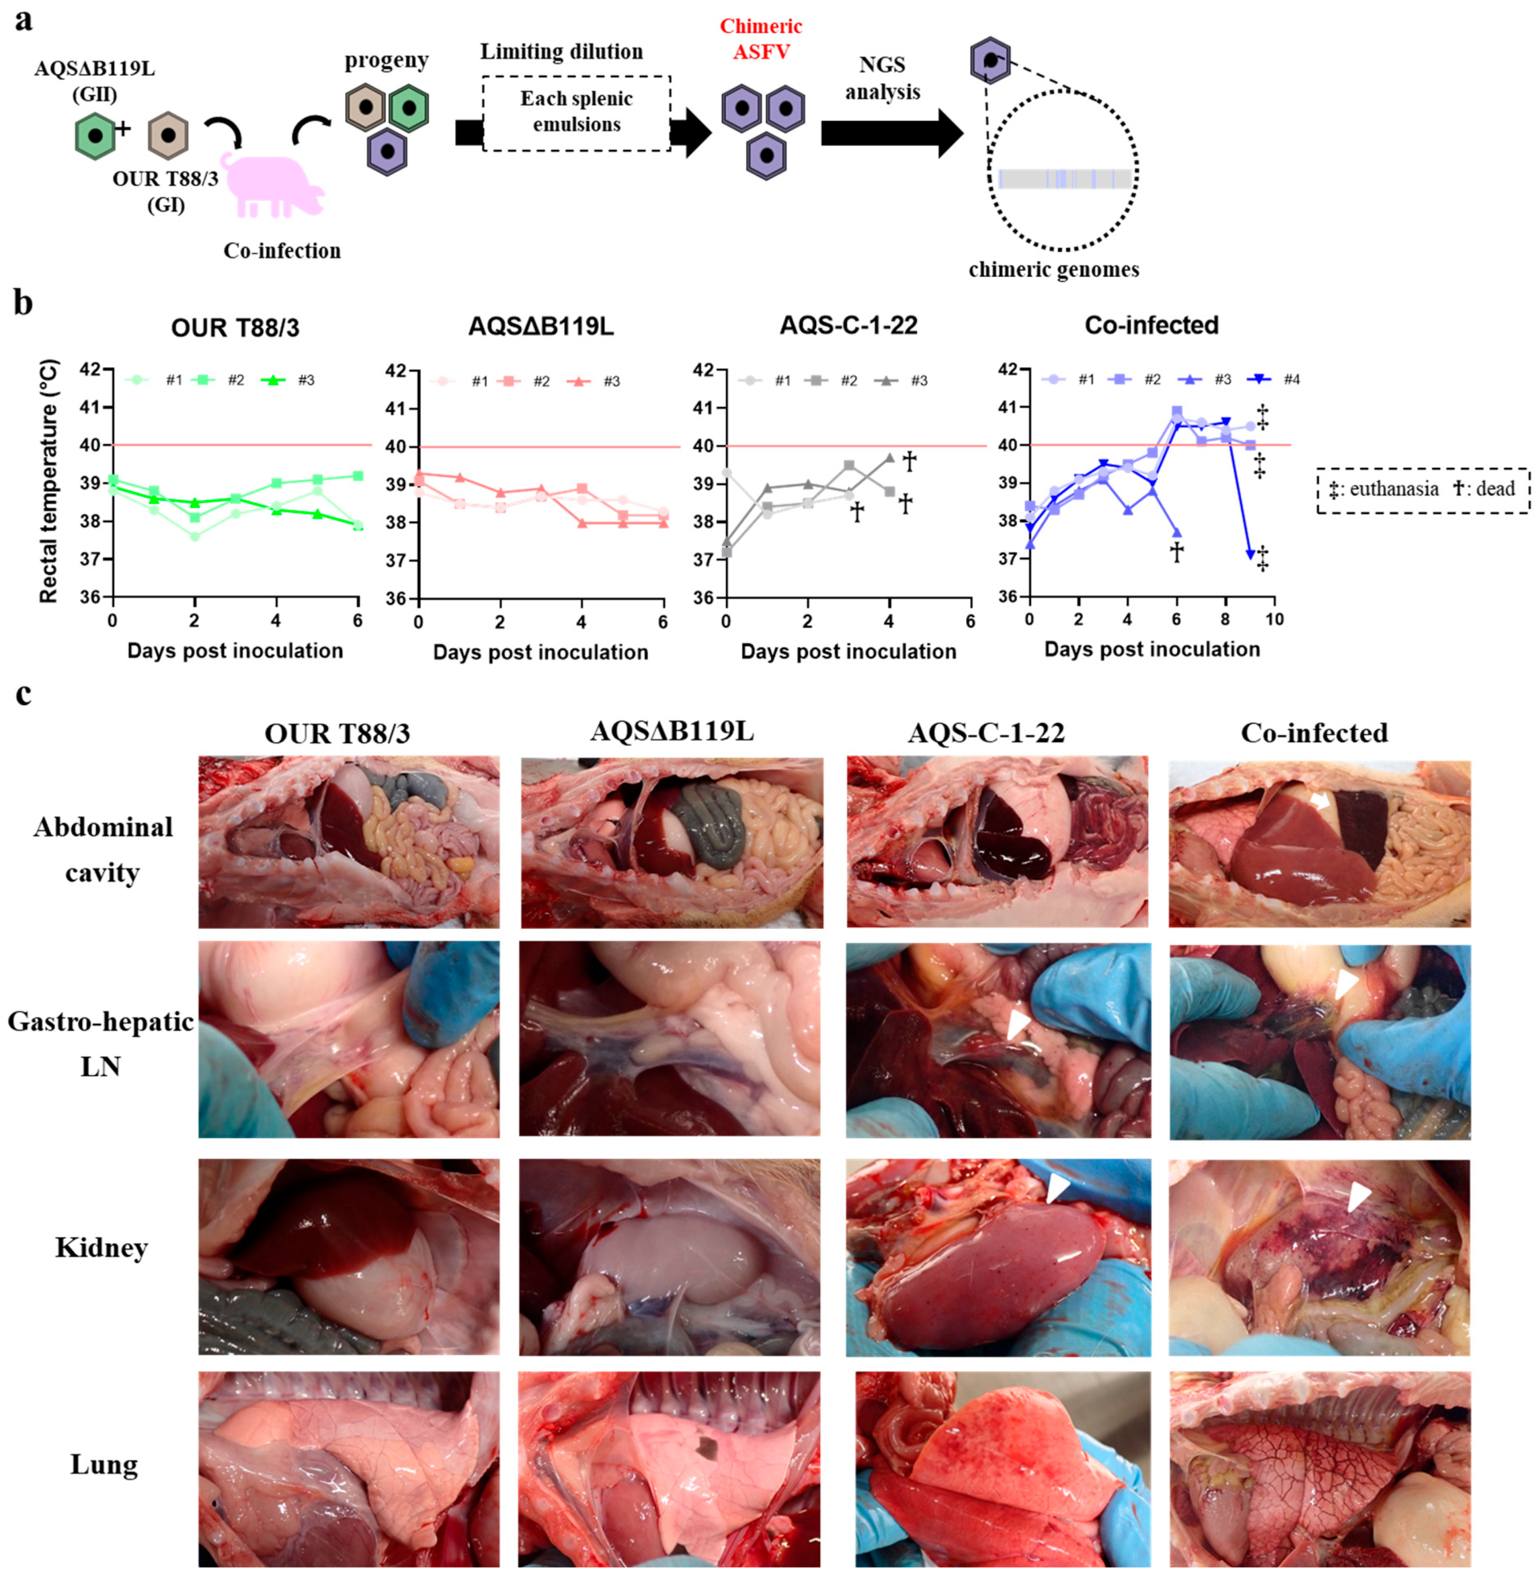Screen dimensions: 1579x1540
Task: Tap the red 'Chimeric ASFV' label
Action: (x=760, y=39)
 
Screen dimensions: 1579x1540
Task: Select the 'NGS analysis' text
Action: (x=882, y=78)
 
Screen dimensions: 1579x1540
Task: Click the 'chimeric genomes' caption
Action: (x=1053, y=270)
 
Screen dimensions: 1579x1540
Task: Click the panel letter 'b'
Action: (x=24, y=304)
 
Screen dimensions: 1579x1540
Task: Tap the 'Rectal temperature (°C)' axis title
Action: (x=49, y=481)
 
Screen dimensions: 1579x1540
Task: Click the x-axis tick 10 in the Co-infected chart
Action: (x=1275, y=620)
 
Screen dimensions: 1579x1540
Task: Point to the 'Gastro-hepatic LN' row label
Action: (x=101, y=1043)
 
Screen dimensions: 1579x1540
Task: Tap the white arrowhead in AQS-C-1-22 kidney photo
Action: (x=1057, y=1188)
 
